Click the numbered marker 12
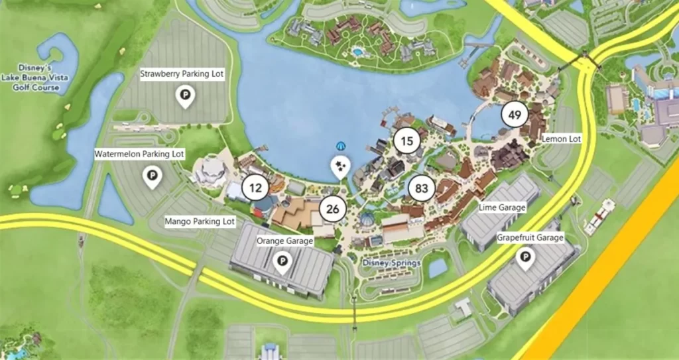pos(255,188)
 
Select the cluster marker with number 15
pos(407,141)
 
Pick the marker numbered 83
pos(422,188)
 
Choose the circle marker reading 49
pos(515,115)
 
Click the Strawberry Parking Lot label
pos(182,74)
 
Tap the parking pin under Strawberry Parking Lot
pos(185,97)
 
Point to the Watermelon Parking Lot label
pos(139,154)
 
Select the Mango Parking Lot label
pos(200,221)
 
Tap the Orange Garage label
pos(284,241)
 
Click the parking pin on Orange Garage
pos(282,263)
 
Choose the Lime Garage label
pos(502,208)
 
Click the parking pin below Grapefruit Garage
pos(526,259)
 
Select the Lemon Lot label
pos(561,139)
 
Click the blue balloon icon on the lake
pos(341,145)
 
